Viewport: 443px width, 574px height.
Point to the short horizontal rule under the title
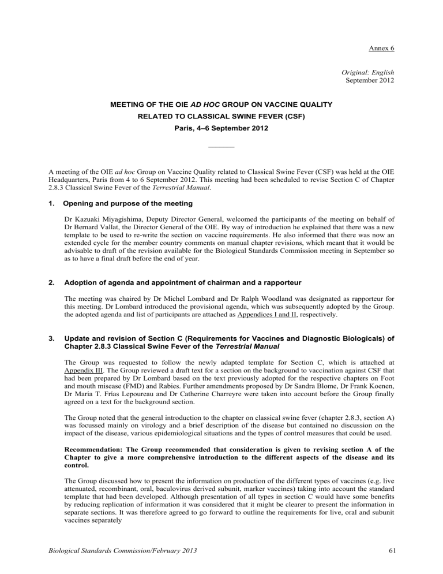pyautogui.click(x=221, y=147)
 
